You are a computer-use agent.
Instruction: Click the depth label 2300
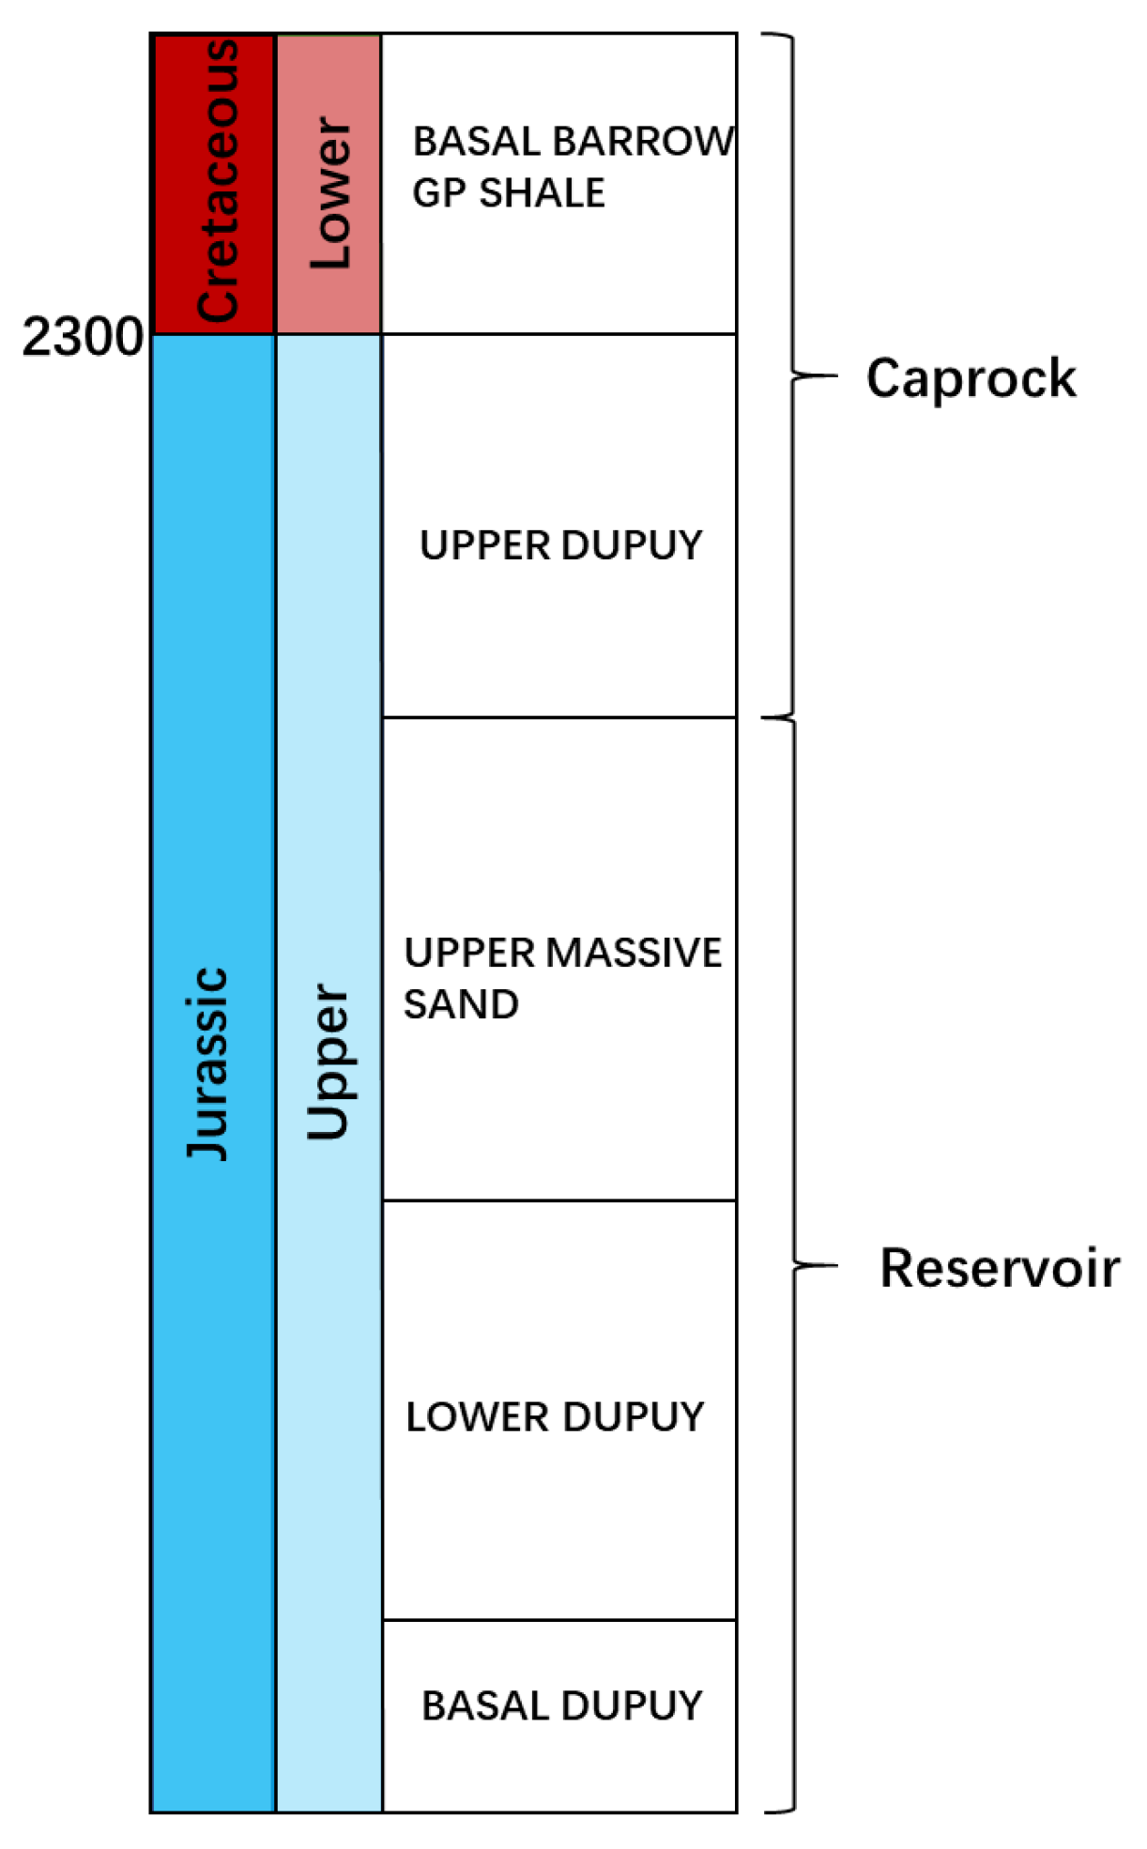pos(83,337)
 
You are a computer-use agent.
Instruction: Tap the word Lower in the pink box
pos(330,193)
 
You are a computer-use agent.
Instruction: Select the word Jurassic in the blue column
pos(207,1063)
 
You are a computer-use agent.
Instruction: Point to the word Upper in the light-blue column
pos(329,1062)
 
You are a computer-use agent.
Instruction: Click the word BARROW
pos(643,142)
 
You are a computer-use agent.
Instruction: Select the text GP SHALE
pos(509,193)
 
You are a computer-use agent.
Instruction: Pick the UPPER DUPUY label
pos(560,545)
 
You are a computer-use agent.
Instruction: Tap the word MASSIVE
pos(635,953)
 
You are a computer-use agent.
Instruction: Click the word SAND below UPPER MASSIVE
pos(461,1004)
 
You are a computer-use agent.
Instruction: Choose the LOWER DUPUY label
pos(555,1417)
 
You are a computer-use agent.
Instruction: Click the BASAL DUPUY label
pos(561,1705)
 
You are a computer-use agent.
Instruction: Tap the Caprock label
pos(971,378)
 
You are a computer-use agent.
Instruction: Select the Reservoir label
pos(1000,1268)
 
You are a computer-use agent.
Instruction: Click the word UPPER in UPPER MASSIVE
pos(469,953)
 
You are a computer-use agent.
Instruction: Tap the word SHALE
pos(542,193)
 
